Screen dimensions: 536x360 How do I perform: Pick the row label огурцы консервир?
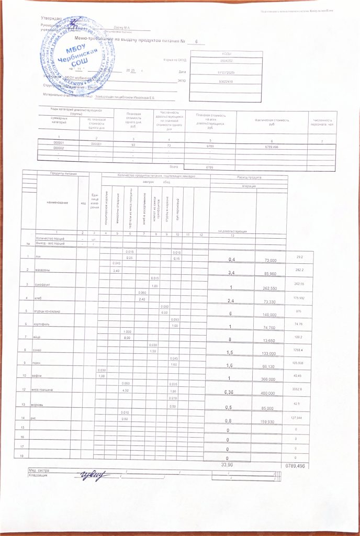point(48,311)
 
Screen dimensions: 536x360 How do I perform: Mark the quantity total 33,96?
point(228,464)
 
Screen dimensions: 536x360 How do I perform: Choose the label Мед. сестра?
point(39,471)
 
